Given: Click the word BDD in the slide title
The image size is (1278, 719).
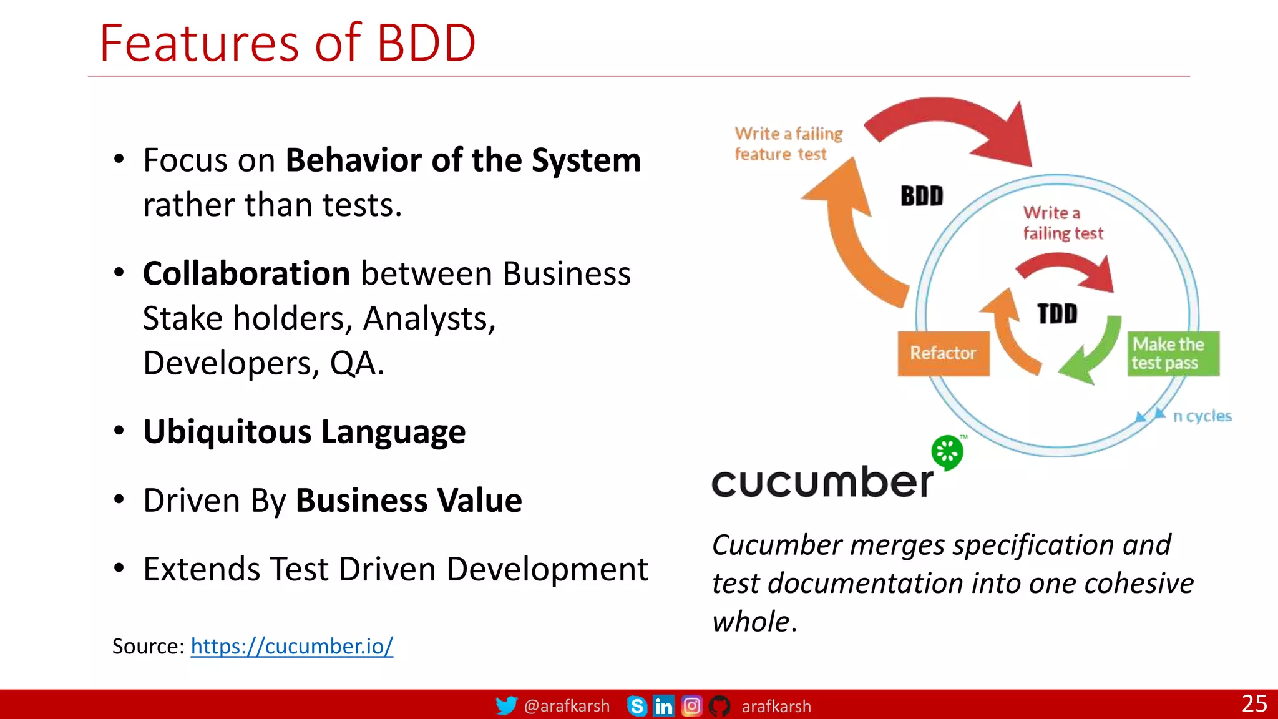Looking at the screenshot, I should click(x=426, y=42).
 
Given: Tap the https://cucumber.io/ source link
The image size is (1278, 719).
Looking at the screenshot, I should click(x=291, y=646).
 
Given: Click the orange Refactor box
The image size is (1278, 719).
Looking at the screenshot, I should click(x=943, y=353).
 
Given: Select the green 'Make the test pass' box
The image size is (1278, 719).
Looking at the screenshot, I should click(x=1173, y=353).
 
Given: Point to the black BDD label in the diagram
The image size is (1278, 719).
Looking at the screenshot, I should click(x=922, y=196).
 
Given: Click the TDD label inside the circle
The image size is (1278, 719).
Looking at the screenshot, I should click(x=1057, y=313).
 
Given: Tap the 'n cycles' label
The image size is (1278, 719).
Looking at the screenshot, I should click(x=1202, y=416).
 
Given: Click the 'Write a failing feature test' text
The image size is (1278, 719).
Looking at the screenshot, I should click(x=788, y=144).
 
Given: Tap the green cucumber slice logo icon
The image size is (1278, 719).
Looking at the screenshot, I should click(x=947, y=451).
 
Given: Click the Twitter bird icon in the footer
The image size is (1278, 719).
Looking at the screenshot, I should click(x=506, y=705).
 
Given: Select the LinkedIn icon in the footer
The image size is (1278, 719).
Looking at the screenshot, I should click(x=663, y=706).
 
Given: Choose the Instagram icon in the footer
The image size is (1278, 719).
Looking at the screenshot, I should click(x=691, y=706).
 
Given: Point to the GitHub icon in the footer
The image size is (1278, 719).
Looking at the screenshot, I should click(x=719, y=706).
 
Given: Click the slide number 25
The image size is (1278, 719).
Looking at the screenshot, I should click(x=1254, y=703).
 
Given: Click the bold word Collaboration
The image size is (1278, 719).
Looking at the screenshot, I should click(x=246, y=273).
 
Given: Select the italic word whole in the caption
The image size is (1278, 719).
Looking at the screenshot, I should click(x=751, y=622).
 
